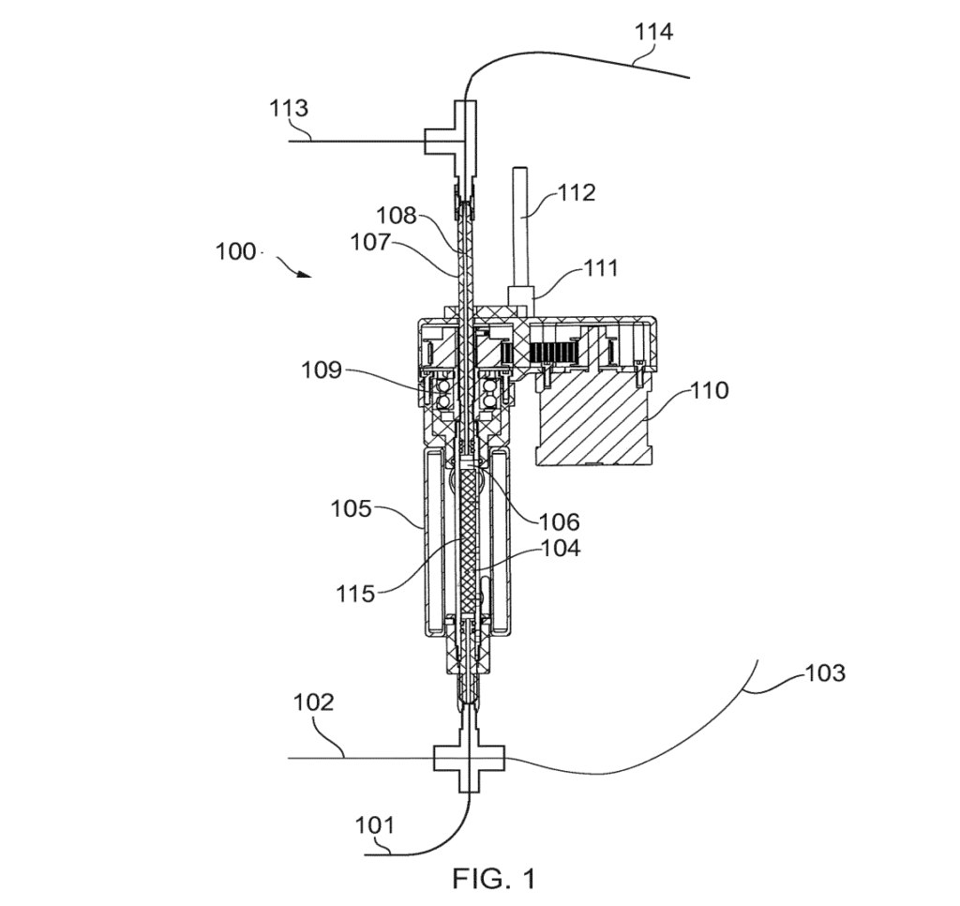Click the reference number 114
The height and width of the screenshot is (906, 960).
point(653,31)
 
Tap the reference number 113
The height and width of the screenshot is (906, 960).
point(289,109)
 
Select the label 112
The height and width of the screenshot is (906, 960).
point(577,193)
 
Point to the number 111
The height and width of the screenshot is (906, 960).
point(599,268)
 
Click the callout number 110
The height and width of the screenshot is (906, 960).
point(709,390)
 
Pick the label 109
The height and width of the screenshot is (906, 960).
point(322,370)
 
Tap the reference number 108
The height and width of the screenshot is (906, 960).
point(397,216)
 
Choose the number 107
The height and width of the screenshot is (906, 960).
point(370,242)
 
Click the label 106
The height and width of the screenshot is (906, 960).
point(559,521)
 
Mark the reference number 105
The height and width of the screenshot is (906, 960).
point(352,508)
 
